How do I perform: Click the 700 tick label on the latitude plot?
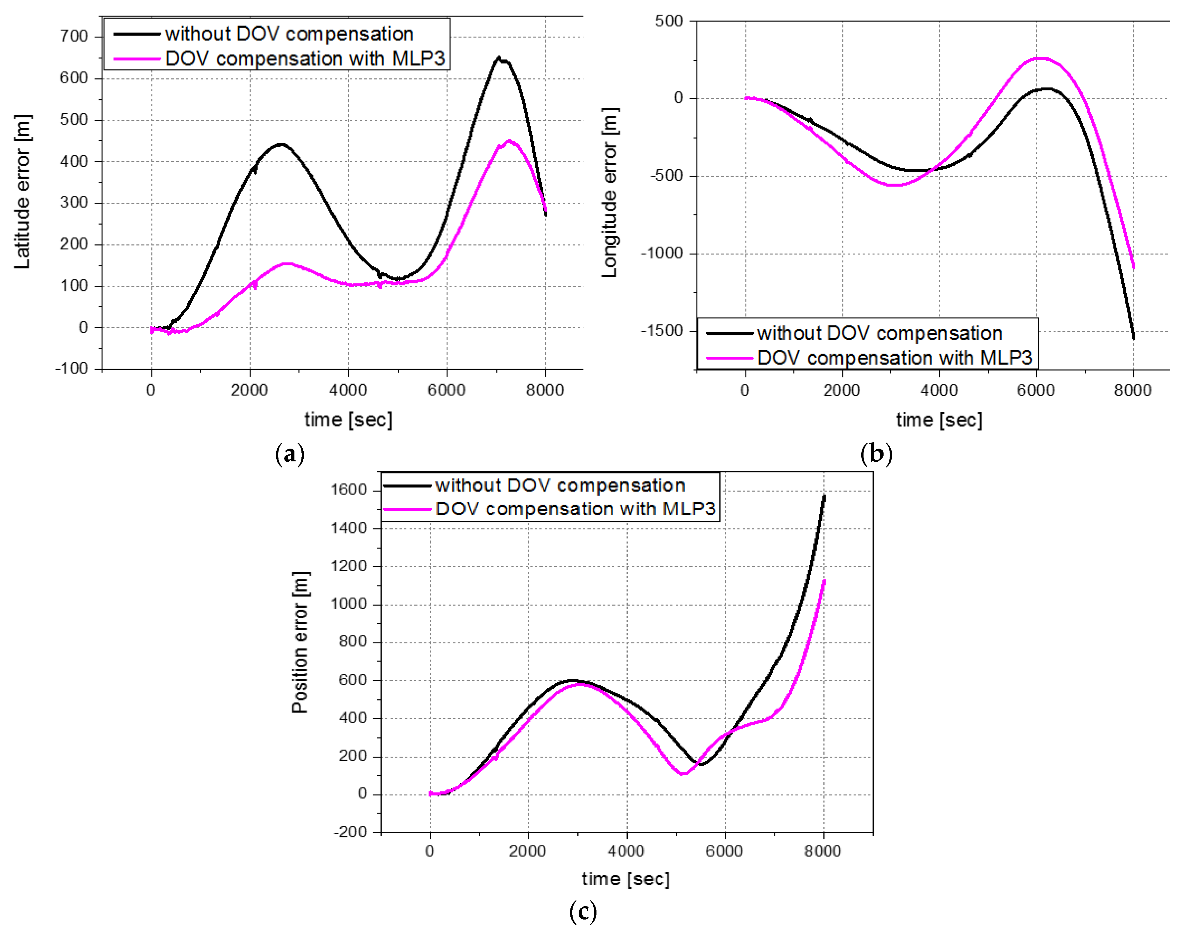tap(74, 37)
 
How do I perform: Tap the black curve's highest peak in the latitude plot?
tap(498, 57)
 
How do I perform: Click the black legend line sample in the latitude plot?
tap(136, 34)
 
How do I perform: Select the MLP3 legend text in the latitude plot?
tap(305, 58)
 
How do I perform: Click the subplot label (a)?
tap(290, 453)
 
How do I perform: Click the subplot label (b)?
tap(876, 453)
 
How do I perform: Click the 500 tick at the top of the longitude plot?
tap(669, 21)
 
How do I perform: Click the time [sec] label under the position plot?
tap(625, 879)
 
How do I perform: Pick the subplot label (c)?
tap(582, 911)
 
